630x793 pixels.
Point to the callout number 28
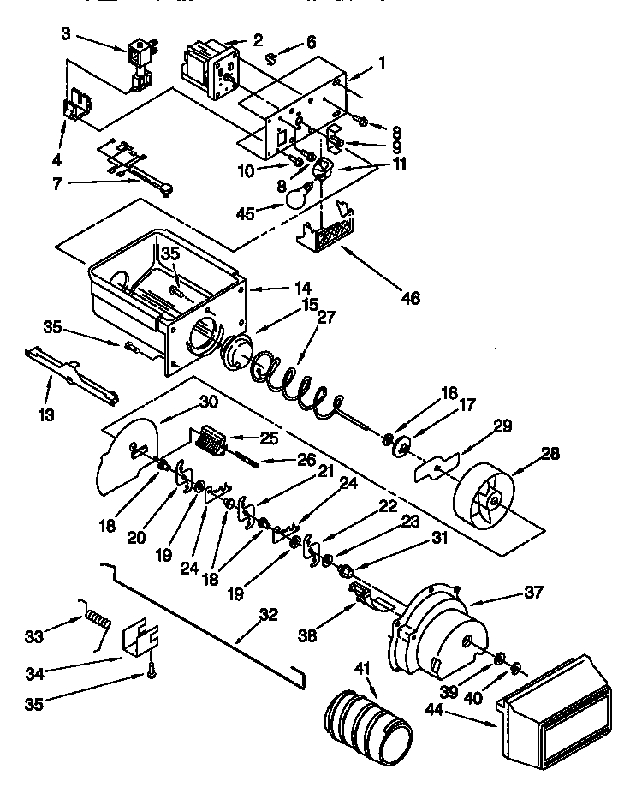tap(552, 454)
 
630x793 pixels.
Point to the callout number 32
tap(269, 613)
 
